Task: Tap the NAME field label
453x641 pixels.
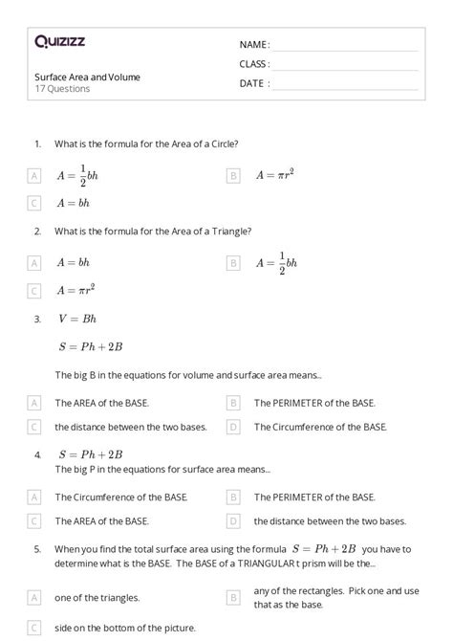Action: point(254,44)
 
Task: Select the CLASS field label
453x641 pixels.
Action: point(254,63)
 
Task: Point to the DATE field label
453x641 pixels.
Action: point(253,83)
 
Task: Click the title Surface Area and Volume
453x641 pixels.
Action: point(87,77)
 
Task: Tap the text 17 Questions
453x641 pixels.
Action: point(62,89)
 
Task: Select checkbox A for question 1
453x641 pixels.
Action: point(35,176)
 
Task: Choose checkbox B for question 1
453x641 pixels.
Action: point(233,175)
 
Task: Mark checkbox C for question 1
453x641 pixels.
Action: point(35,203)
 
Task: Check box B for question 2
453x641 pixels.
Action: point(233,262)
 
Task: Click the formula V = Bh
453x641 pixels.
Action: point(77,319)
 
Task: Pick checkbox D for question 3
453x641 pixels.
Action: point(233,427)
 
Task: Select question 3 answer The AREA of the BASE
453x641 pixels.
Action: point(101,403)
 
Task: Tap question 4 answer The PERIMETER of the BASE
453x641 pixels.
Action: point(314,497)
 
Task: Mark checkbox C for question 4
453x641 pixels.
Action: point(35,521)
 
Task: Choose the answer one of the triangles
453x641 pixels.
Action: point(97,598)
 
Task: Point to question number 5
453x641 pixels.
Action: point(37,550)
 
